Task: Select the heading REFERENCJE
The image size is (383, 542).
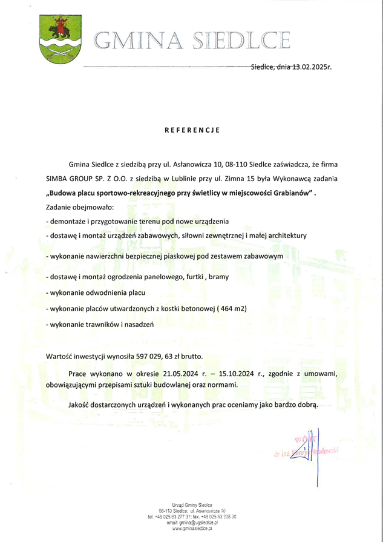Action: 192,130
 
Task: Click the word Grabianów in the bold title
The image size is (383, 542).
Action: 292,193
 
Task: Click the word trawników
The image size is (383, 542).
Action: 99,325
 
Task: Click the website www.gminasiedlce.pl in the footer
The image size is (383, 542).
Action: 191,529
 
